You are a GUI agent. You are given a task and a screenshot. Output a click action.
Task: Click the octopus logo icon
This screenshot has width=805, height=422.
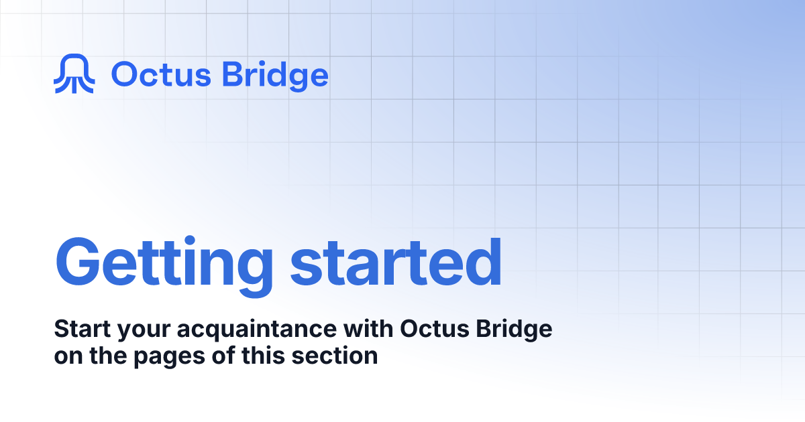tap(74, 74)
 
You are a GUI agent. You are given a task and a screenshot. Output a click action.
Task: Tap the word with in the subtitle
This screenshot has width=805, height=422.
tap(372, 330)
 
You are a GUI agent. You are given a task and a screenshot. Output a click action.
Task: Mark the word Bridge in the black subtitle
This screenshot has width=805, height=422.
tap(513, 330)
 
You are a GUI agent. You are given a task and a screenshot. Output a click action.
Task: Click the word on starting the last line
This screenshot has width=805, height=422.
tap(66, 356)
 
